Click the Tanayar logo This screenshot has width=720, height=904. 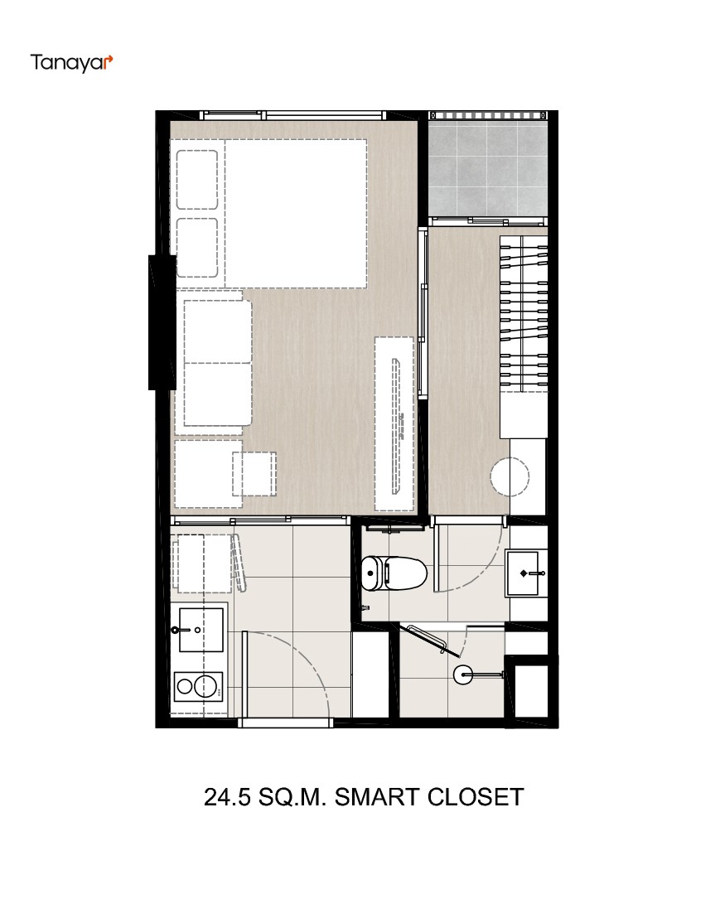pyautogui.click(x=71, y=63)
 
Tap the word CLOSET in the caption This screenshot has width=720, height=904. pyautogui.click(x=476, y=797)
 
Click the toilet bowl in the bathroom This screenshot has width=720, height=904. pyautogui.click(x=404, y=573)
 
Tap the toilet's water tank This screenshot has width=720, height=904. pyautogui.click(x=371, y=573)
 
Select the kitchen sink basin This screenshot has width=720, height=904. pyautogui.click(x=201, y=630)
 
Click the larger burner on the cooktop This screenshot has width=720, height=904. pyautogui.click(x=205, y=687)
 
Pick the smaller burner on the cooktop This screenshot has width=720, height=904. pyautogui.click(x=185, y=687)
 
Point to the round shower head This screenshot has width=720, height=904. pyautogui.click(x=463, y=674)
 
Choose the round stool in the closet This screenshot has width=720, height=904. pyautogui.click(x=510, y=476)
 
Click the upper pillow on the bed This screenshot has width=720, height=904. pyautogui.click(x=197, y=179)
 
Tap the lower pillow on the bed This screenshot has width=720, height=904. pyautogui.click(x=197, y=247)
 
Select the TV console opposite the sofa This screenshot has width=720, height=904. pyautogui.click(x=394, y=423)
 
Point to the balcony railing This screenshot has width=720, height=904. pyautogui.click(x=488, y=115)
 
